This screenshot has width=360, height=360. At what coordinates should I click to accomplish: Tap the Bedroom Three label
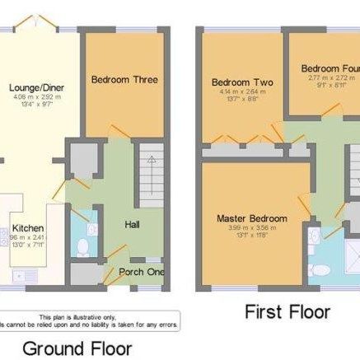point(124,80)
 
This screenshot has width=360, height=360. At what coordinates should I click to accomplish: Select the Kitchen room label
point(28,227)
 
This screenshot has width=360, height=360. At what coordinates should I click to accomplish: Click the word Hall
point(132,224)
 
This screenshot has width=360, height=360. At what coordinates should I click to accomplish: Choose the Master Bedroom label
point(252,218)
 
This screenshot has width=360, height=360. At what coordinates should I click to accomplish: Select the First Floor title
point(288,312)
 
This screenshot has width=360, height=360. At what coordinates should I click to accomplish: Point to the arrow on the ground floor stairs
point(150,169)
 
